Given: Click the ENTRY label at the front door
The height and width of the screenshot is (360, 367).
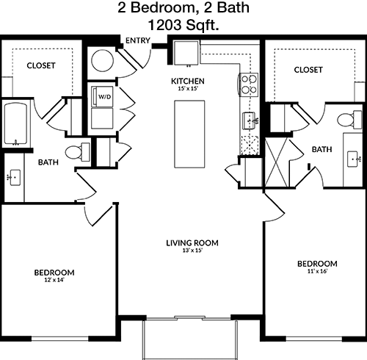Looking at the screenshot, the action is click(x=138, y=40).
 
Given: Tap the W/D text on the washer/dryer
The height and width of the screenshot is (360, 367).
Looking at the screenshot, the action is click(x=105, y=97).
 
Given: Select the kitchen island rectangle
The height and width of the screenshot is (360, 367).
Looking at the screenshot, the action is click(x=189, y=134).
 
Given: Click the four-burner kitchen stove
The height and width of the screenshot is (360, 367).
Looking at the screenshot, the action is click(x=249, y=84).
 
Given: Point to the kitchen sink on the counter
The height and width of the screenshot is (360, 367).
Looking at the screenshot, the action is click(x=249, y=120).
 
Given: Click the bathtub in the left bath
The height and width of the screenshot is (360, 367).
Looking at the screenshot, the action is click(x=15, y=124).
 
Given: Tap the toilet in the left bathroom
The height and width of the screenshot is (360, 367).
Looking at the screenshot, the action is click(x=77, y=152).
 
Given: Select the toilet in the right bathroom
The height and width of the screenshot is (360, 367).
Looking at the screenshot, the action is click(x=349, y=120).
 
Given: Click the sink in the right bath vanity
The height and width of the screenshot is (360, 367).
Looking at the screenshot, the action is click(x=353, y=159).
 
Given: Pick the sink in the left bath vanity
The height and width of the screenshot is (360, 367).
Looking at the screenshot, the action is click(x=14, y=178).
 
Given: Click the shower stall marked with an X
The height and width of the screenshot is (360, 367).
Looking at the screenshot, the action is click(x=277, y=162).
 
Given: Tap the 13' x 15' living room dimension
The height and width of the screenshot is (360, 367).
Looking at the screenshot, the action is click(x=192, y=251).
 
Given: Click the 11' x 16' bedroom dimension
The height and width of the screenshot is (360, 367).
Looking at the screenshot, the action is click(x=317, y=271).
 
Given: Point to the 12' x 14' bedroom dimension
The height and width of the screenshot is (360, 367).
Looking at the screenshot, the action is click(x=54, y=280).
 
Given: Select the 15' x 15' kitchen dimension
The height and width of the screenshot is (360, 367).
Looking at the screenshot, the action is click(x=188, y=88).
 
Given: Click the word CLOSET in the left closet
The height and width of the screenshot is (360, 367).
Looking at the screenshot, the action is click(x=41, y=65).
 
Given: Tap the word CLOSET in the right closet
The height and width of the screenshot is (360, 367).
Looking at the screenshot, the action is click(x=308, y=70).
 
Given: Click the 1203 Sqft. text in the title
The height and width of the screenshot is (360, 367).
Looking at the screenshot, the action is click(x=183, y=25).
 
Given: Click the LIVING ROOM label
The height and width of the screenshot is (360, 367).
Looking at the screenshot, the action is click(x=192, y=243).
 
